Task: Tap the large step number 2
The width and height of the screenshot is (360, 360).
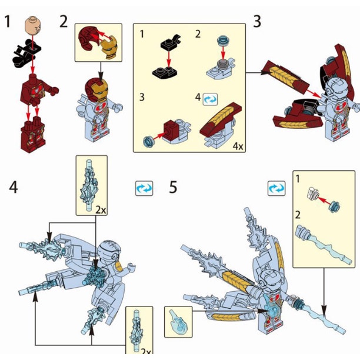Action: [64, 22]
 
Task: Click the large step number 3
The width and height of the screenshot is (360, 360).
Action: [257, 22]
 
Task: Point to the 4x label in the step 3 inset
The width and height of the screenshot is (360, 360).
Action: [238, 146]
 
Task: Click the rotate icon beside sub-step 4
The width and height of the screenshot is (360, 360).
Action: [210, 99]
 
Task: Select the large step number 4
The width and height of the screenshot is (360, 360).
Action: [14, 187]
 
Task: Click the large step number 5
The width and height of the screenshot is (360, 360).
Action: [173, 187]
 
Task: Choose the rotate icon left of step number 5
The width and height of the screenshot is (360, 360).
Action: [144, 188]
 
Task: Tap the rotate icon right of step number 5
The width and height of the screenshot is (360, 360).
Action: [276, 188]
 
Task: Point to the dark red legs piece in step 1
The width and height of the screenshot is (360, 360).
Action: [33, 134]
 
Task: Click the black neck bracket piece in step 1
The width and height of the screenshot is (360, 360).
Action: [27, 53]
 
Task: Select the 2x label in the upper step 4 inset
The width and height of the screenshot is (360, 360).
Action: [101, 210]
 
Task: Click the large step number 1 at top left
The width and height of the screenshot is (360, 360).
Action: [8, 22]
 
